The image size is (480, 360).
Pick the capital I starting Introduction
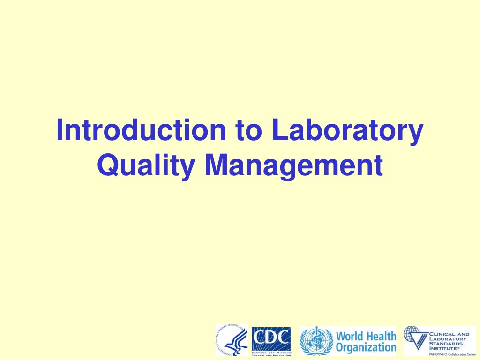60,131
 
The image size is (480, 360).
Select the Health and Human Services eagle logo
232,340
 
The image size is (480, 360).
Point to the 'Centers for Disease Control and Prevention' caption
271,352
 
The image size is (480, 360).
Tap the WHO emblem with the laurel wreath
317,341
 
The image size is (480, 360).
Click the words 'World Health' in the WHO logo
367,336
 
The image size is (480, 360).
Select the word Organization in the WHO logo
367,348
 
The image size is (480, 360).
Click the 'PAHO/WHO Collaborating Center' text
449,354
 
